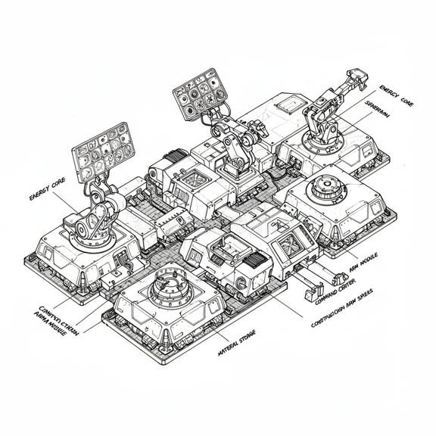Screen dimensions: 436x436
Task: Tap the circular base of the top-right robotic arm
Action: click(322, 140)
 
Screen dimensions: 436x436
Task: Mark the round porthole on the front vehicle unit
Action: click(240, 286)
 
